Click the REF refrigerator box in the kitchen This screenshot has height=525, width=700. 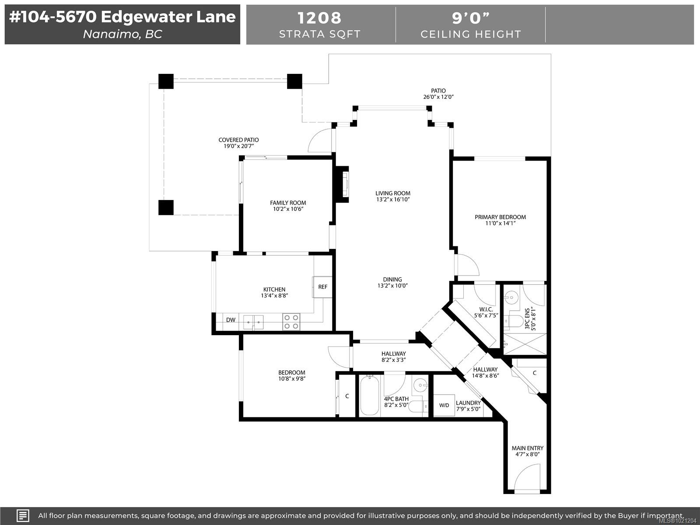point(322,287)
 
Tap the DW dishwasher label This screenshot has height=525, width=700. point(231,320)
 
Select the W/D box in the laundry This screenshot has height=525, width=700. point(444,405)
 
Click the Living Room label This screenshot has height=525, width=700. point(393,193)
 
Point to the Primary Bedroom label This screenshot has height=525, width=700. point(500,217)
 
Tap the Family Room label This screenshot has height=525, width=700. point(288,203)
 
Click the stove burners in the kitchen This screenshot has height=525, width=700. point(291,322)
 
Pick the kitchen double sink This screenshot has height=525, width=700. point(253,322)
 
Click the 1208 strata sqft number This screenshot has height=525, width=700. point(319,18)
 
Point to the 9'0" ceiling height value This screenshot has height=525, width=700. point(471,18)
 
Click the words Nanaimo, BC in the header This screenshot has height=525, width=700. point(122,34)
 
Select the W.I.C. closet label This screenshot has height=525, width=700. point(486,309)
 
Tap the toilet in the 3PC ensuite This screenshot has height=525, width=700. point(514,322)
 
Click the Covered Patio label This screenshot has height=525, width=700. point(238,140)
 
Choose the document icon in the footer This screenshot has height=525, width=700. point(23,515)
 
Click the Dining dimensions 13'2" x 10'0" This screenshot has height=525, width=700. point(392,286)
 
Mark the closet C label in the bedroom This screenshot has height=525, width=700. point(347,396)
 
